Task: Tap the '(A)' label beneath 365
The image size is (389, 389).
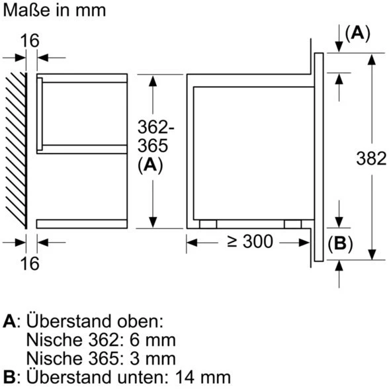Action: pyautogui.click(x=151, y=166)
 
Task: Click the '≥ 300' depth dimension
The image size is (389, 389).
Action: pyautogui.click(x=250, y=242)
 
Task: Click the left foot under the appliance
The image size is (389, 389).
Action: pyautogui.click(x=207, y=224)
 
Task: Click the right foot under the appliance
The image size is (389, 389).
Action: pyautogui.click(x=292, y=224)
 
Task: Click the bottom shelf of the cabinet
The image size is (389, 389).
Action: pyautogui.click(x=82, y=224)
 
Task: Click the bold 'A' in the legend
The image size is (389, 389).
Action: pyautogui.click(x=9, y=322)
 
